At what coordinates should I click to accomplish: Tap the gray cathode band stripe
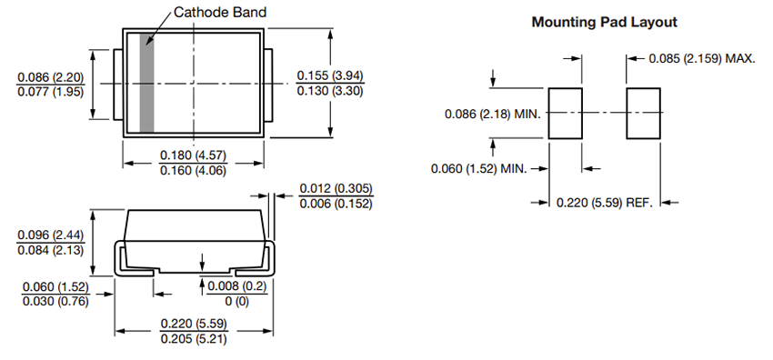(147, 83)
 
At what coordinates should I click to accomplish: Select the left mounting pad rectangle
(565, 114)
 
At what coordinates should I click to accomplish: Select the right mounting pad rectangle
(643, 114)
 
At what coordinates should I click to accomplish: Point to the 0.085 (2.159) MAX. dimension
(702, 58)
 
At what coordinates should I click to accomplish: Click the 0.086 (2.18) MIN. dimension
(492, 114)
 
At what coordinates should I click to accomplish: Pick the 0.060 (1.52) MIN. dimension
(478, 168)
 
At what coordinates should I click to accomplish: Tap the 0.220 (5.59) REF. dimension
(605, 202)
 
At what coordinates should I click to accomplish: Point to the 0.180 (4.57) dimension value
(193, 155)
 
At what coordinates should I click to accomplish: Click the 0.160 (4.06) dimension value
(193, 170)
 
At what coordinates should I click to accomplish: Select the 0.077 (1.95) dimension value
(52, 92)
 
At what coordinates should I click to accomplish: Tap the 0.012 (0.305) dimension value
(336, 188)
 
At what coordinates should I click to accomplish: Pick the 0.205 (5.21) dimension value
(193, 338)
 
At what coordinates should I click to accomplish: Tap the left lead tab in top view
(117, 83)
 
